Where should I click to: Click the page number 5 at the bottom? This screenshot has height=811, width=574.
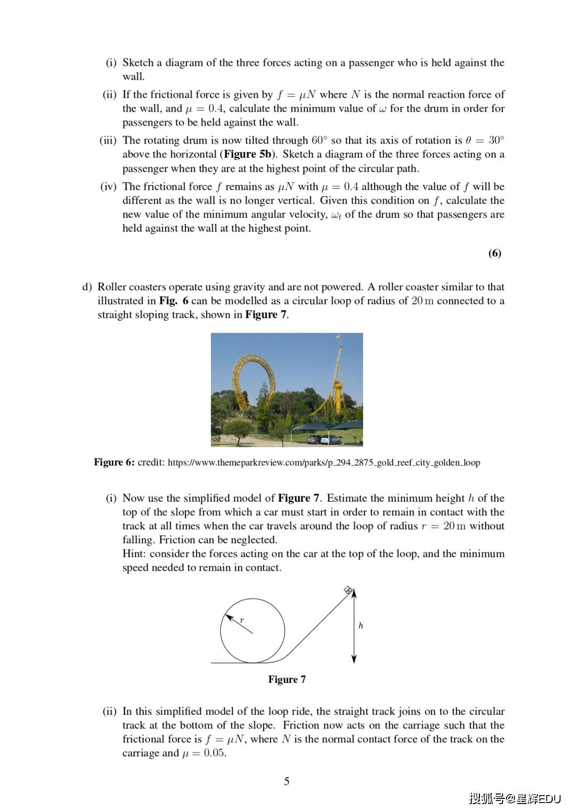tap(286, 781)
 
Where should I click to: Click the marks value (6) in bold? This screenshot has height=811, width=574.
tap(494, 253)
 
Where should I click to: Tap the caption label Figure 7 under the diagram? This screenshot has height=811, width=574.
tap(286, 679)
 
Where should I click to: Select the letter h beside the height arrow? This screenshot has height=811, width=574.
tap(361, 626)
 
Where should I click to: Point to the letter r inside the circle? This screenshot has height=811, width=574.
tap(242, 620)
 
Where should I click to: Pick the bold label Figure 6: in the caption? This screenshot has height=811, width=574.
tap(114, 462)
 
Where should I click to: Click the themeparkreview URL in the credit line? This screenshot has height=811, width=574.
tap(324, 462)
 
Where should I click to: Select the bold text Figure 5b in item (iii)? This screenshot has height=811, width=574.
tap(248, 154)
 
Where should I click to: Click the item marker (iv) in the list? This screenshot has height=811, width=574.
tap(108, 187)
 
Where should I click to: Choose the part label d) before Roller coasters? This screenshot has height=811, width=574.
tap(87, 287)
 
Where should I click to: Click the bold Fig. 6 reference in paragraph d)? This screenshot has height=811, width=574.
tap(173, 301)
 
